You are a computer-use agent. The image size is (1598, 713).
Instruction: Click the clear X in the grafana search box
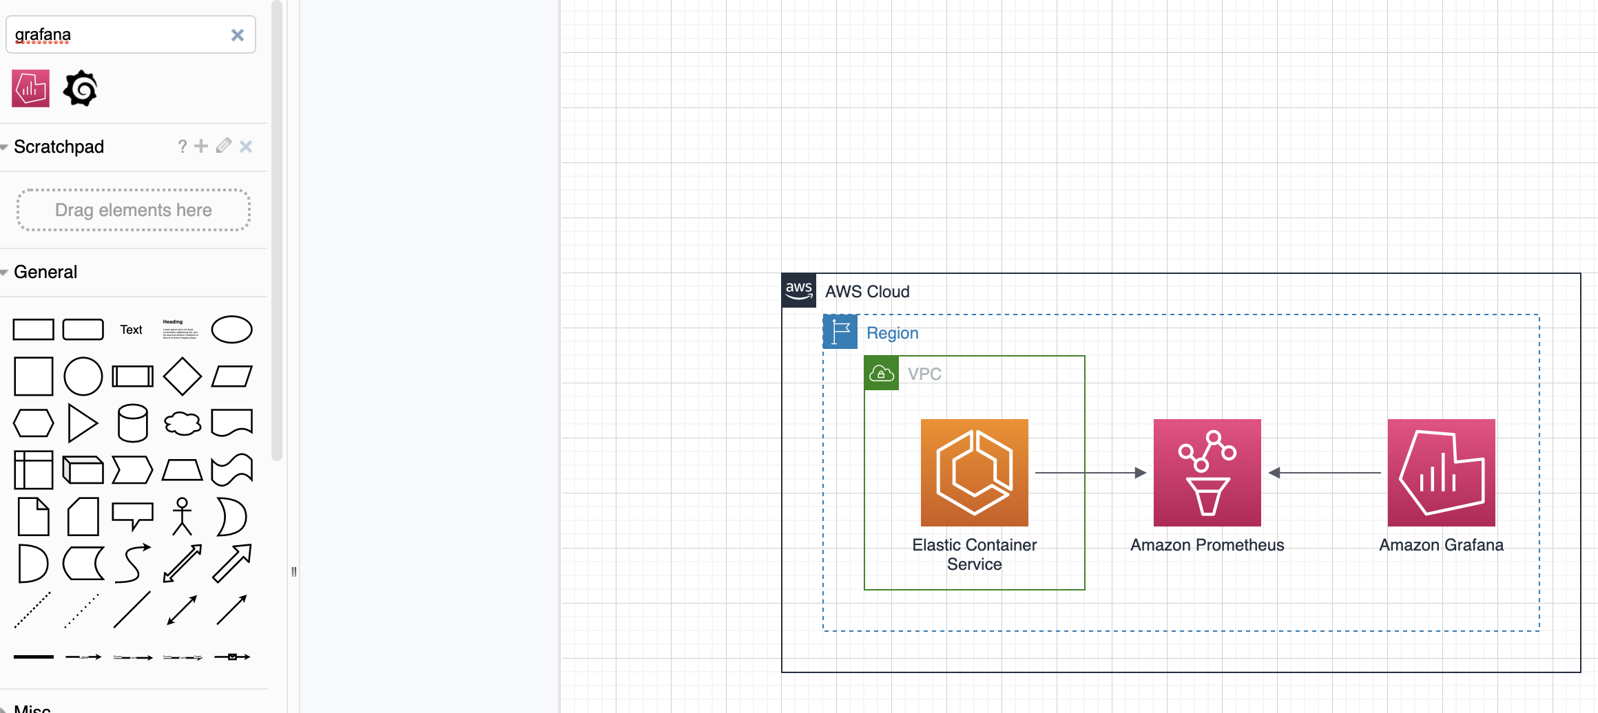click(x=238, y=35)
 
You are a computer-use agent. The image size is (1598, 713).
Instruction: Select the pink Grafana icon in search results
click(x=31, y=88)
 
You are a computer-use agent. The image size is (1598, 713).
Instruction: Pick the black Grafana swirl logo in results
click(x=81, y=88)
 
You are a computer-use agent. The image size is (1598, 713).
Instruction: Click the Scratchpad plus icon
click(x=201, y=146)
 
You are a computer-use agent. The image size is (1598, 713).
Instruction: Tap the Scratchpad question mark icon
click(x=183, y=146)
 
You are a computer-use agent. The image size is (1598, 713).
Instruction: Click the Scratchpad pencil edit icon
click(x=223, y=146)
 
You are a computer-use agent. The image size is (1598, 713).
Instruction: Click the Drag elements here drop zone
click(x=133, y=210)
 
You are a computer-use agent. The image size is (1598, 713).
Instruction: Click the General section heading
click(x=45, y=272)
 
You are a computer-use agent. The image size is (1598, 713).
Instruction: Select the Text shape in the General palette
click(x=131, y=330)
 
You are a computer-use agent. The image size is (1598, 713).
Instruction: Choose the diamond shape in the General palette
click(x=183, y=376)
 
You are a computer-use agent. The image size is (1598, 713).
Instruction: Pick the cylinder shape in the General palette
click(x=133, y=423)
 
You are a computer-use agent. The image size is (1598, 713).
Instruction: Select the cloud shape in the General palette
click(x=183, y=423)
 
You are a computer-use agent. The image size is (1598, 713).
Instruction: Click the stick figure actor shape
click(x=183, y=516)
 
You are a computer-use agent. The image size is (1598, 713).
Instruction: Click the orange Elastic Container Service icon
click(x=974, y=473)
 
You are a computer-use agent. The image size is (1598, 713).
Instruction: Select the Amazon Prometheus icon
click(x=1207, y=473)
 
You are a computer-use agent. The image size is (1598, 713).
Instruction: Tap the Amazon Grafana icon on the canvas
click(x=1441, y=473)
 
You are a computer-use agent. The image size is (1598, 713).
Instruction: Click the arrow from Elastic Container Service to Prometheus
click(x=1088, y=473)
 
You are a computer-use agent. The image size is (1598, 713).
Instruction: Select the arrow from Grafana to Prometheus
click(x=1326, y=473)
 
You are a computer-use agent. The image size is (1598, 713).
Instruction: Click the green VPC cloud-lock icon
click(x=882, y=374)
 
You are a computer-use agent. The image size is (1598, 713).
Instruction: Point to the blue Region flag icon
click(x=840, y=332)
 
